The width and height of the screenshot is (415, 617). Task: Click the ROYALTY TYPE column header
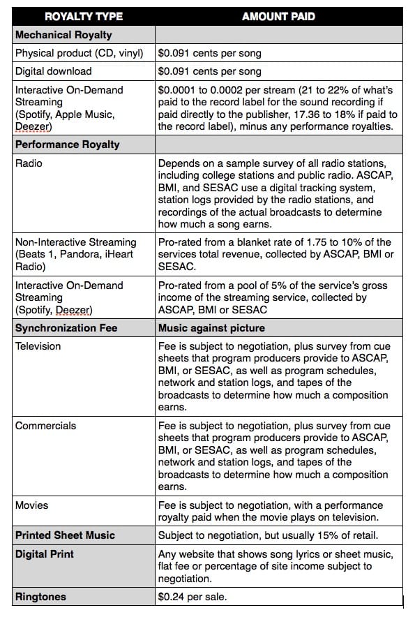[84, 16]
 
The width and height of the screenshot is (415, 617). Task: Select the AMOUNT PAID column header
[278, 16]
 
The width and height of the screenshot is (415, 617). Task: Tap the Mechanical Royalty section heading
[63, 34]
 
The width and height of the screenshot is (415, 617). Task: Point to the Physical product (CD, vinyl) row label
[79, 52]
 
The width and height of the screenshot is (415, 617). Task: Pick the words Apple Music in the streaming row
[86, 114]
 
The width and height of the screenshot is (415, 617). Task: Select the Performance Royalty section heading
[68, 144]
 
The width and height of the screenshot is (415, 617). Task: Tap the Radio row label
[29, 163]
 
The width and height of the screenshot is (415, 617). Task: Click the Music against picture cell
[211, 327]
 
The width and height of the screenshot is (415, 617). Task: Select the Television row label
[38, 346]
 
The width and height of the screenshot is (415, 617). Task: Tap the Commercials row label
[46, 426]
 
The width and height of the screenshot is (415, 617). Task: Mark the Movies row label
[31, 505]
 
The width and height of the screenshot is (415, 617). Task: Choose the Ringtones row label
[42, 597]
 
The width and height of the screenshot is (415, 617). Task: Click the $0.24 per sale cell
[193, 597]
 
